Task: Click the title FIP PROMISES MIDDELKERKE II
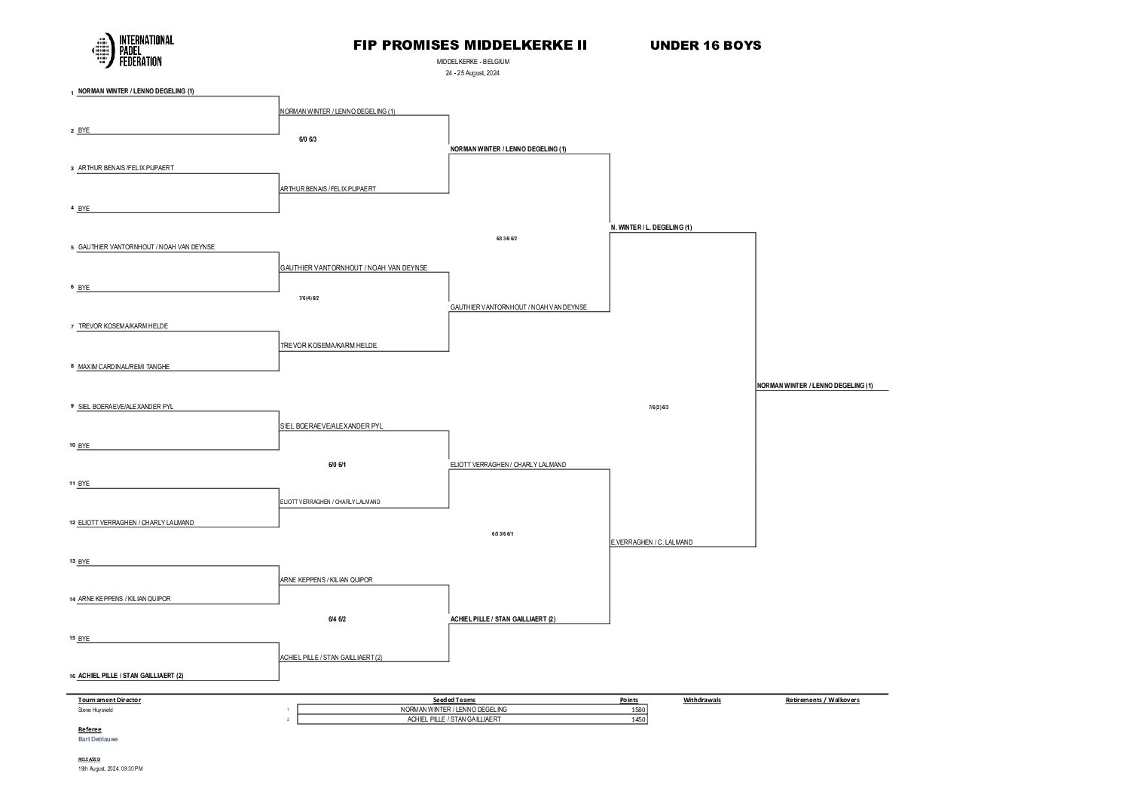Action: [469, 45]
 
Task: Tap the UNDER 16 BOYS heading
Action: [705, 45]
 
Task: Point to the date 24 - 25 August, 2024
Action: [472, 73]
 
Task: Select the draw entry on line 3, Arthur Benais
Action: [126, 168]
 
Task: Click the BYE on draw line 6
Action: [84, 287]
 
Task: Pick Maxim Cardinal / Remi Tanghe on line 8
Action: [124, 367]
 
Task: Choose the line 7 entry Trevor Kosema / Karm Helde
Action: [123, 326]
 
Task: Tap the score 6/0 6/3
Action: [307, 139]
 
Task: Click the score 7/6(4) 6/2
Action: [309, 298]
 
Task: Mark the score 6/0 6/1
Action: [337, 465]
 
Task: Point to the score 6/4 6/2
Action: [337, 619]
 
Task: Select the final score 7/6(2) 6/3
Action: [659, 408]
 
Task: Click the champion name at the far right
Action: [815, 386]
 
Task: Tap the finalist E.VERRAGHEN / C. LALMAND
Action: [652, 542]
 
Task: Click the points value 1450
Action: [629, 719]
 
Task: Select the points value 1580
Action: [629, 710]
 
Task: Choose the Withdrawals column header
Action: [702, 700]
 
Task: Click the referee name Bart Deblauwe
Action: [98, 739]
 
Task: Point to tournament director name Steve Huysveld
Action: [96, 710]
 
